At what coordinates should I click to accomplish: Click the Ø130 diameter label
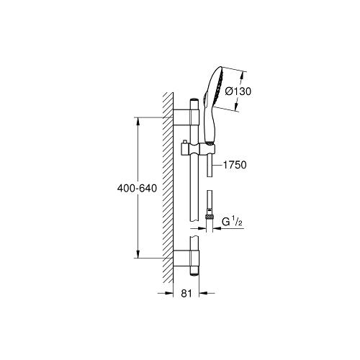238,91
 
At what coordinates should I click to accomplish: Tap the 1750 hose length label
235,165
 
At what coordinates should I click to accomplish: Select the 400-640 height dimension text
137,188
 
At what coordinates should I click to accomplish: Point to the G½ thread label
232,222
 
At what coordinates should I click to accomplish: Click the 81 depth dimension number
186,293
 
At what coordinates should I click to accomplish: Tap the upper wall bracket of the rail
186,117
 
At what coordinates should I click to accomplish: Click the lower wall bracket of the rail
186,258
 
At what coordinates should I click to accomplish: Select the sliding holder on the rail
197,149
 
